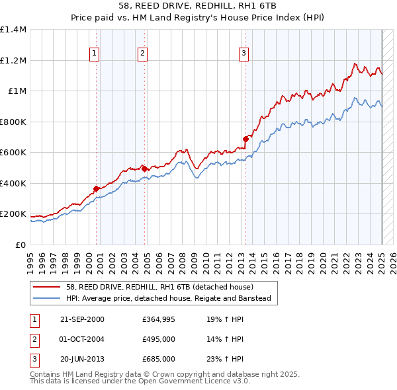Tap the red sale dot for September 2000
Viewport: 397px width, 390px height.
97,188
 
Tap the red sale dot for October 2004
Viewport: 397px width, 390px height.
144,169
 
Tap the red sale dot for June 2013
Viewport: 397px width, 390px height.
245,139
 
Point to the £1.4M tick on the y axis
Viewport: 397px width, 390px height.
13,30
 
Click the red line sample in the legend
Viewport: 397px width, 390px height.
46,287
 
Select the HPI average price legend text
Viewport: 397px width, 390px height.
169,299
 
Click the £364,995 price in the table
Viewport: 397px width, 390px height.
159,320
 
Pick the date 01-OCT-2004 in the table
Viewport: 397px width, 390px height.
82,340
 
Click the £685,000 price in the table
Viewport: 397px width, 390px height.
159,359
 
